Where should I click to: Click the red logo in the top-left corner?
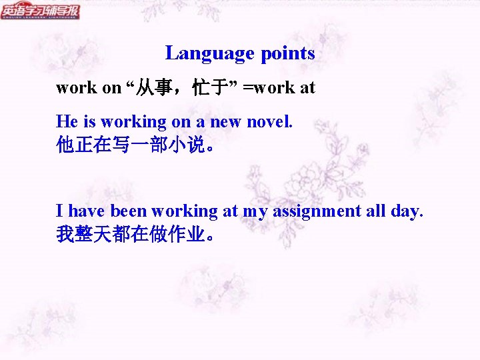tap(40, 11)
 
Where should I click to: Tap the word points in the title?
tap(288, 53)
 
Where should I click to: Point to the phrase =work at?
tap(279, 87)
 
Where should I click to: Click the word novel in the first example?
tap(269, 122)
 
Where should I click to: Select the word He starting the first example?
tap(67, 122)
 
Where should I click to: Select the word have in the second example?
tap(87, 211)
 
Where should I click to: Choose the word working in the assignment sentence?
tap(185, 211)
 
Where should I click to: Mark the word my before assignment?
tap(254, 211)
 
